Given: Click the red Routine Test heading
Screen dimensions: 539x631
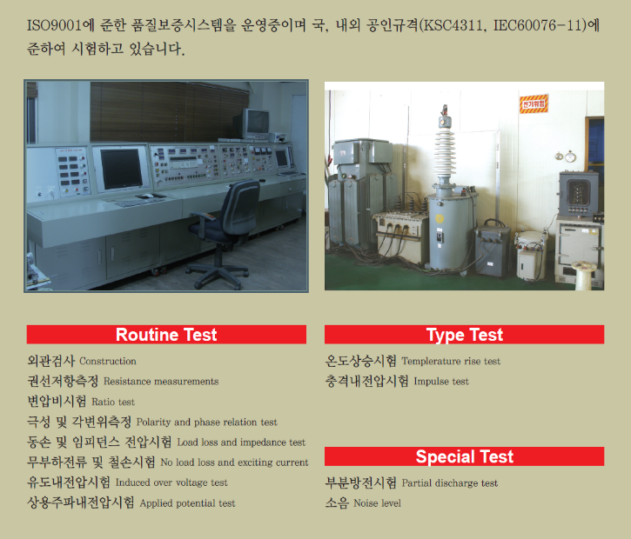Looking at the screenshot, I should (166, 335).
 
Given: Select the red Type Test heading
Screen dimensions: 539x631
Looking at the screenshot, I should (464, 335).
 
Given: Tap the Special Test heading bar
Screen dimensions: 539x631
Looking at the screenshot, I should (464, 456).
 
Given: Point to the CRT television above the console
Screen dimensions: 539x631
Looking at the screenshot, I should (257, 123).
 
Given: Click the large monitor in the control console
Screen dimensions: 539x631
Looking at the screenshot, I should (121, 168).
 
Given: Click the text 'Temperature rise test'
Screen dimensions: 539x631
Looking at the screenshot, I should (451, 361).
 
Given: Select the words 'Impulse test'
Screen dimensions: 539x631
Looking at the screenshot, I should (440, 382).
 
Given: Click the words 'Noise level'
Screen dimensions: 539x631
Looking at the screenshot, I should (377, 503).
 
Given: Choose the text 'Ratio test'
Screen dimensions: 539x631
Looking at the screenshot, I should (113, 402).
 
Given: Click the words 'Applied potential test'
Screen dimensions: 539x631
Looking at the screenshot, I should (188, 503).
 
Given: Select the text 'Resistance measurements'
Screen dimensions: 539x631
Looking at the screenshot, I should (161, 382).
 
